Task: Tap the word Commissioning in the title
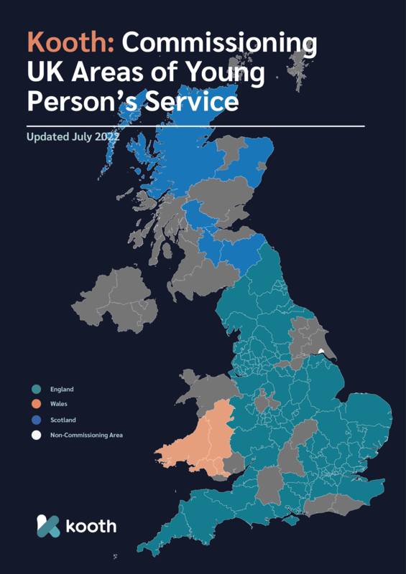[x=219, y=44]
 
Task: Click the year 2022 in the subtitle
[x=107, y=136]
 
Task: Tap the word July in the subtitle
[x=83, y=136]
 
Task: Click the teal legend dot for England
[x=35, y=390]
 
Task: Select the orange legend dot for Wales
[x=35, y=405]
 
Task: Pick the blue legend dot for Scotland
[x=35, y=420]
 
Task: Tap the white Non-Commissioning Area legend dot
[x=35, y=435]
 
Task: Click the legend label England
[x=62, y=390]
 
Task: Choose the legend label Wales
[x=59, y=405]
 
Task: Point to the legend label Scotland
[x=63, y=420]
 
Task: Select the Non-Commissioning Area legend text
[x=86, y=435]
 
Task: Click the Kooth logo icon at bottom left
[x=48, y=526]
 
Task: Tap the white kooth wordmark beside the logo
[x=91, y=527]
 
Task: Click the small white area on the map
[x=320, y=351]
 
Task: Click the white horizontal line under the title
[x=194, y=126]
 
